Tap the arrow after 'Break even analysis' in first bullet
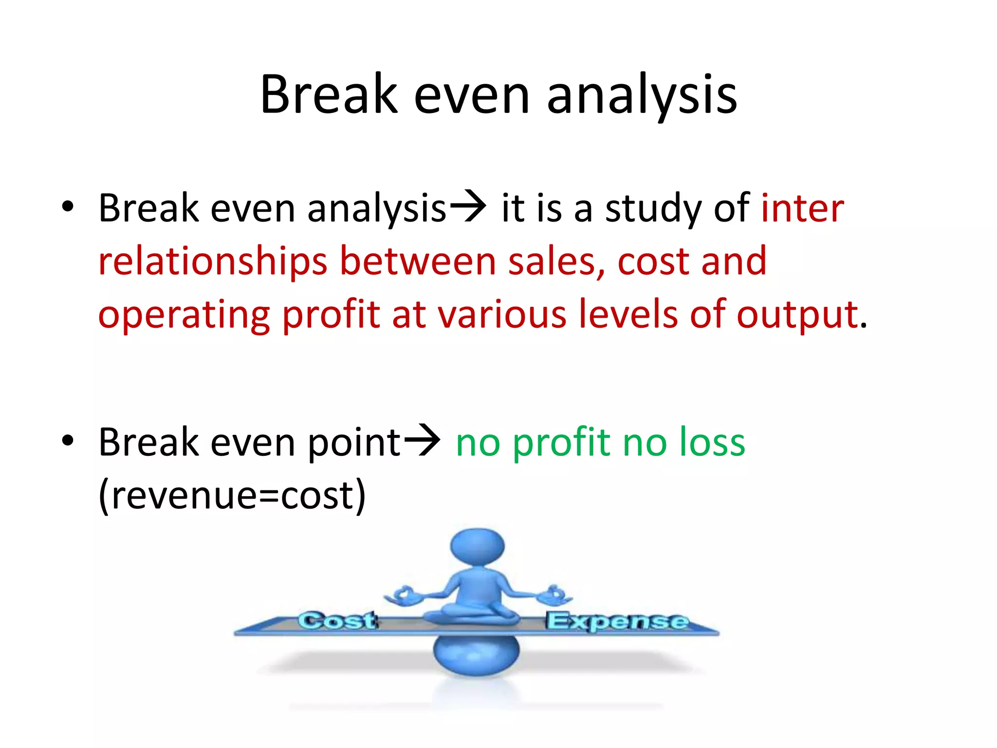coord(467,206)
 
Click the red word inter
coord(802,208)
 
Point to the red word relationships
coord(213,262)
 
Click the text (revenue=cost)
coord(232,496)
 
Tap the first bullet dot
coord(68,206)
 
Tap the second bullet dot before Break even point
coord(68,440)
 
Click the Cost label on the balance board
coord(337,621)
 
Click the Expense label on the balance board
coord(617,621)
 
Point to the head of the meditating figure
coord(477,546)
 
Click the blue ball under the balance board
coord(476,655)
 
